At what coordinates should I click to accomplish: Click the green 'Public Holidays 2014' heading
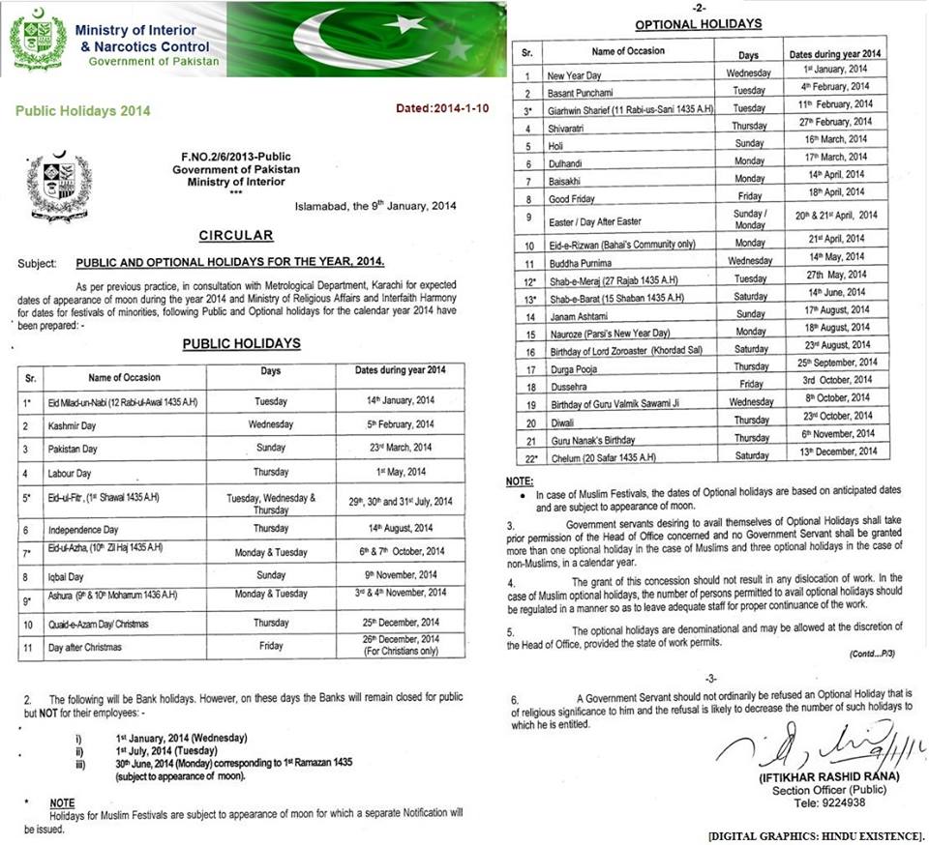click(x=83, y=111)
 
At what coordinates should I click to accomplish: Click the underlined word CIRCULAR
click(x=236, y=235)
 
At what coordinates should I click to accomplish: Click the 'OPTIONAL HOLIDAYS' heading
click(x=699, y=24)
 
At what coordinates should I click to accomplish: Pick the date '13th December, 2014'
click(x=834, y=452)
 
